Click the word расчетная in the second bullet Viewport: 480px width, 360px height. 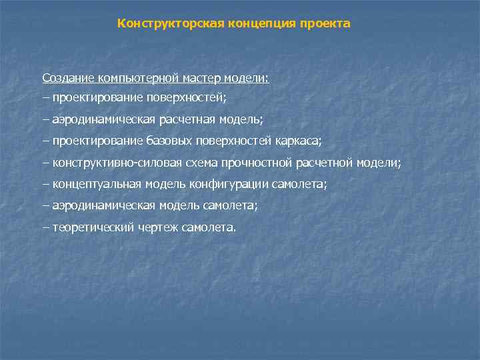pos(195,119)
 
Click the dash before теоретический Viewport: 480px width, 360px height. pos(45,227)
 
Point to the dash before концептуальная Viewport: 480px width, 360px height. pos(45,183)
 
